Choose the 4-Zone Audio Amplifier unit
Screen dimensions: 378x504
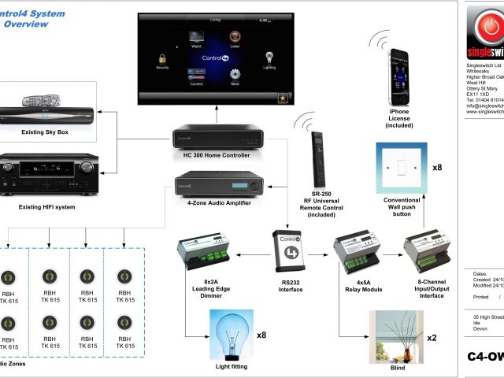(x=217, y=189)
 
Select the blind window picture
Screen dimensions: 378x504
(x=397, y=334)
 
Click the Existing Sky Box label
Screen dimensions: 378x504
(x=46, y=132)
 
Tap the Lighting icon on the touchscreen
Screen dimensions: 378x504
(x=269, y=60)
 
